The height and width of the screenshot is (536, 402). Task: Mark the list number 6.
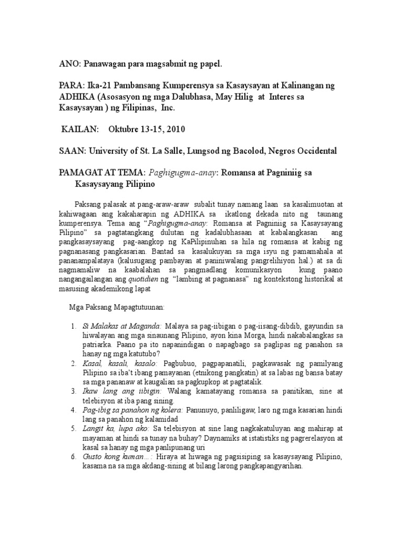point(73,457)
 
